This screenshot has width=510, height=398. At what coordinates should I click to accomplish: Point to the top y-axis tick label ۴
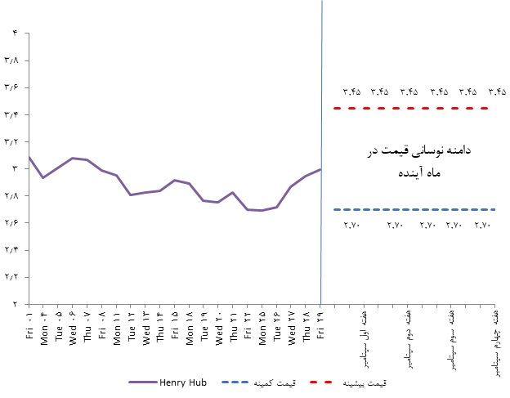point(15,34)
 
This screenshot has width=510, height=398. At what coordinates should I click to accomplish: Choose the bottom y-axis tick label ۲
point(15,304)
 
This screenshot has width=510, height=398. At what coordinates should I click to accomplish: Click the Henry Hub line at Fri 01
point(29,157)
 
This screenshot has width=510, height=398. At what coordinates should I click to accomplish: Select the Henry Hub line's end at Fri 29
point(320,170)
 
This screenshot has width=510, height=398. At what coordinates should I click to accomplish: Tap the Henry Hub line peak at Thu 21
point(233,193)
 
